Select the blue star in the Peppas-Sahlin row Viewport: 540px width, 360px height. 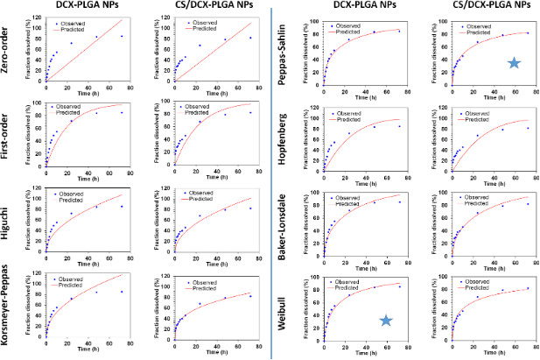point(515,63)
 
